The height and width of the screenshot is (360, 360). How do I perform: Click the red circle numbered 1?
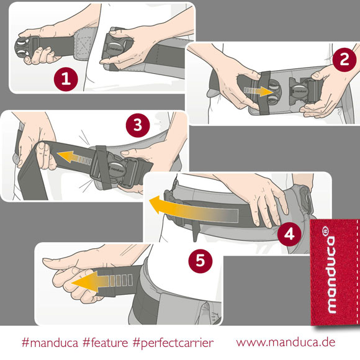66,79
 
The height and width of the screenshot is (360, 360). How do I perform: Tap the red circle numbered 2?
344,60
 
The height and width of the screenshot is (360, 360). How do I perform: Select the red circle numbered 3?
138,125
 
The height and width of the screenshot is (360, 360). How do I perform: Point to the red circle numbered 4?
289,235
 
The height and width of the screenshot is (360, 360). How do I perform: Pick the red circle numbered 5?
200,260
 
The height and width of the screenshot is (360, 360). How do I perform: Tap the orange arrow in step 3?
74,158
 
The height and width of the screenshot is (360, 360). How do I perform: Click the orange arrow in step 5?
102,281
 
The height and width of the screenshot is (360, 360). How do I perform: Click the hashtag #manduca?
50,343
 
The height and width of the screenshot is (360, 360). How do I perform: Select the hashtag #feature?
105,343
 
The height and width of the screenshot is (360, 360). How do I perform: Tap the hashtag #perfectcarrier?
173,343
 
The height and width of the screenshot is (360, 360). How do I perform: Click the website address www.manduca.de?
286,342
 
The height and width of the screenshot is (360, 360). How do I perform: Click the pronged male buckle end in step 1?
25,48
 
